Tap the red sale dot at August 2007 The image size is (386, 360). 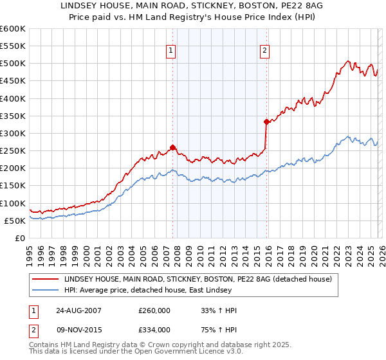(172, 147)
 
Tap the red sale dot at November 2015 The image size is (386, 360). (266, 122)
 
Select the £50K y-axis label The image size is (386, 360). (14, 221)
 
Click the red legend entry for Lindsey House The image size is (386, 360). (198, 279)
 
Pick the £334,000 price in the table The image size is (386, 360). (154, 330)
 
